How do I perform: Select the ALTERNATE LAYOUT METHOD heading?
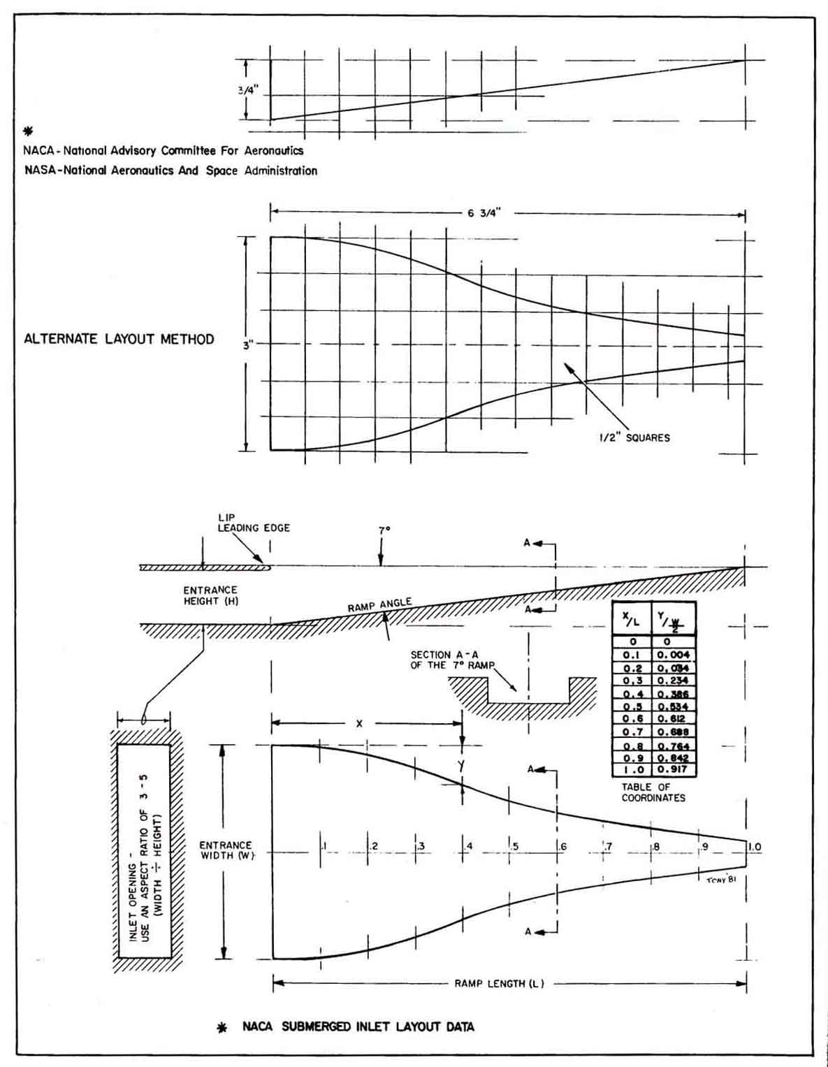coord(119,340)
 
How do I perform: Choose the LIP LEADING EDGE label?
coord(253,523)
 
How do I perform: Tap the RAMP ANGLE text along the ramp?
coord(379,605)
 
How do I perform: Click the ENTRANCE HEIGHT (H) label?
coord(210,595)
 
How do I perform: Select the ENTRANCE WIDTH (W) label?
coord(226,850)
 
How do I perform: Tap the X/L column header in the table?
coord(632,617)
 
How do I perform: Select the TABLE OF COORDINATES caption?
coord(653,792)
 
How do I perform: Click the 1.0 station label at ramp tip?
coord(754,847)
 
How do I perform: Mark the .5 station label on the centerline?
coord(515,847)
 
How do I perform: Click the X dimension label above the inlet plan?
coord(359,724)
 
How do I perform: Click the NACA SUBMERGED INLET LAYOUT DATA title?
coord(358,1026)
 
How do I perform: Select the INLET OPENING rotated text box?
coord(145,850)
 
